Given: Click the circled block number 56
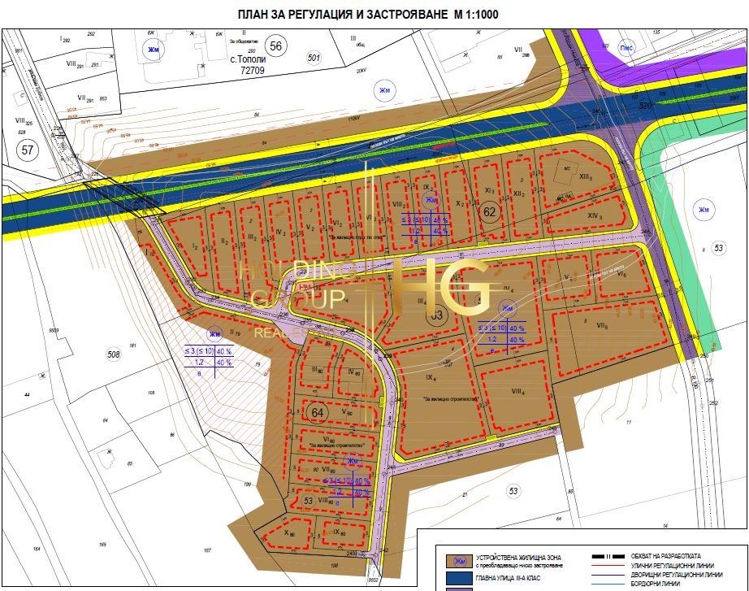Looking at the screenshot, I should (x=276, y=46).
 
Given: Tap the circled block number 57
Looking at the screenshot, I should (x=28, y=150).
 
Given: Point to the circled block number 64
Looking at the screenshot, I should (x=318, y=411).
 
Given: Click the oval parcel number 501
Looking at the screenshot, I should (x=314, y=57).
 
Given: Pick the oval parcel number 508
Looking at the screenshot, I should (x=114, y=354).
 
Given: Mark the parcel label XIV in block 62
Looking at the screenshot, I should (x=595, y=215).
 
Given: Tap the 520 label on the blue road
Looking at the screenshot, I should (x=646, y=106).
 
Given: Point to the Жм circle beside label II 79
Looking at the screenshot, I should (x=214, y=334).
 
